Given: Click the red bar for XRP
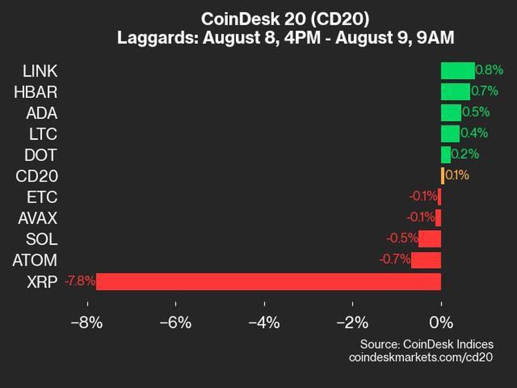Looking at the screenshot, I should click(268, 281).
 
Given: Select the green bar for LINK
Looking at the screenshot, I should click(458, 70).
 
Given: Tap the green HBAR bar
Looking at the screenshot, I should click(456, 92).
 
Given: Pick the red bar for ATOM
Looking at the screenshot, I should click(426, 260).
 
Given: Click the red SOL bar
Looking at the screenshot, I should click(430, 239).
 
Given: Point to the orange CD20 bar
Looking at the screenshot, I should click(443, 176).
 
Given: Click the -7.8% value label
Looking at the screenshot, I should click(80, 281).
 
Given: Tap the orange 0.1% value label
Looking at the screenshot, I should click(458, 175).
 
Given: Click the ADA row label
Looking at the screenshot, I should click(42, 113).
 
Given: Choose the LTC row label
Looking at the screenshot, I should click(43, 135).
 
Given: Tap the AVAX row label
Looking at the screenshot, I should click(37, 218).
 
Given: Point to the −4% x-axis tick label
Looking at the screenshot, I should click(264, 322).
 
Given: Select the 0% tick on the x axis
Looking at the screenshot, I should click(441, 322).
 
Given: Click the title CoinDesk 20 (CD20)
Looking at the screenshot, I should click(285, 17).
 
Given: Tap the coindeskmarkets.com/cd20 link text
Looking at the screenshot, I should click(421, 357).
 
